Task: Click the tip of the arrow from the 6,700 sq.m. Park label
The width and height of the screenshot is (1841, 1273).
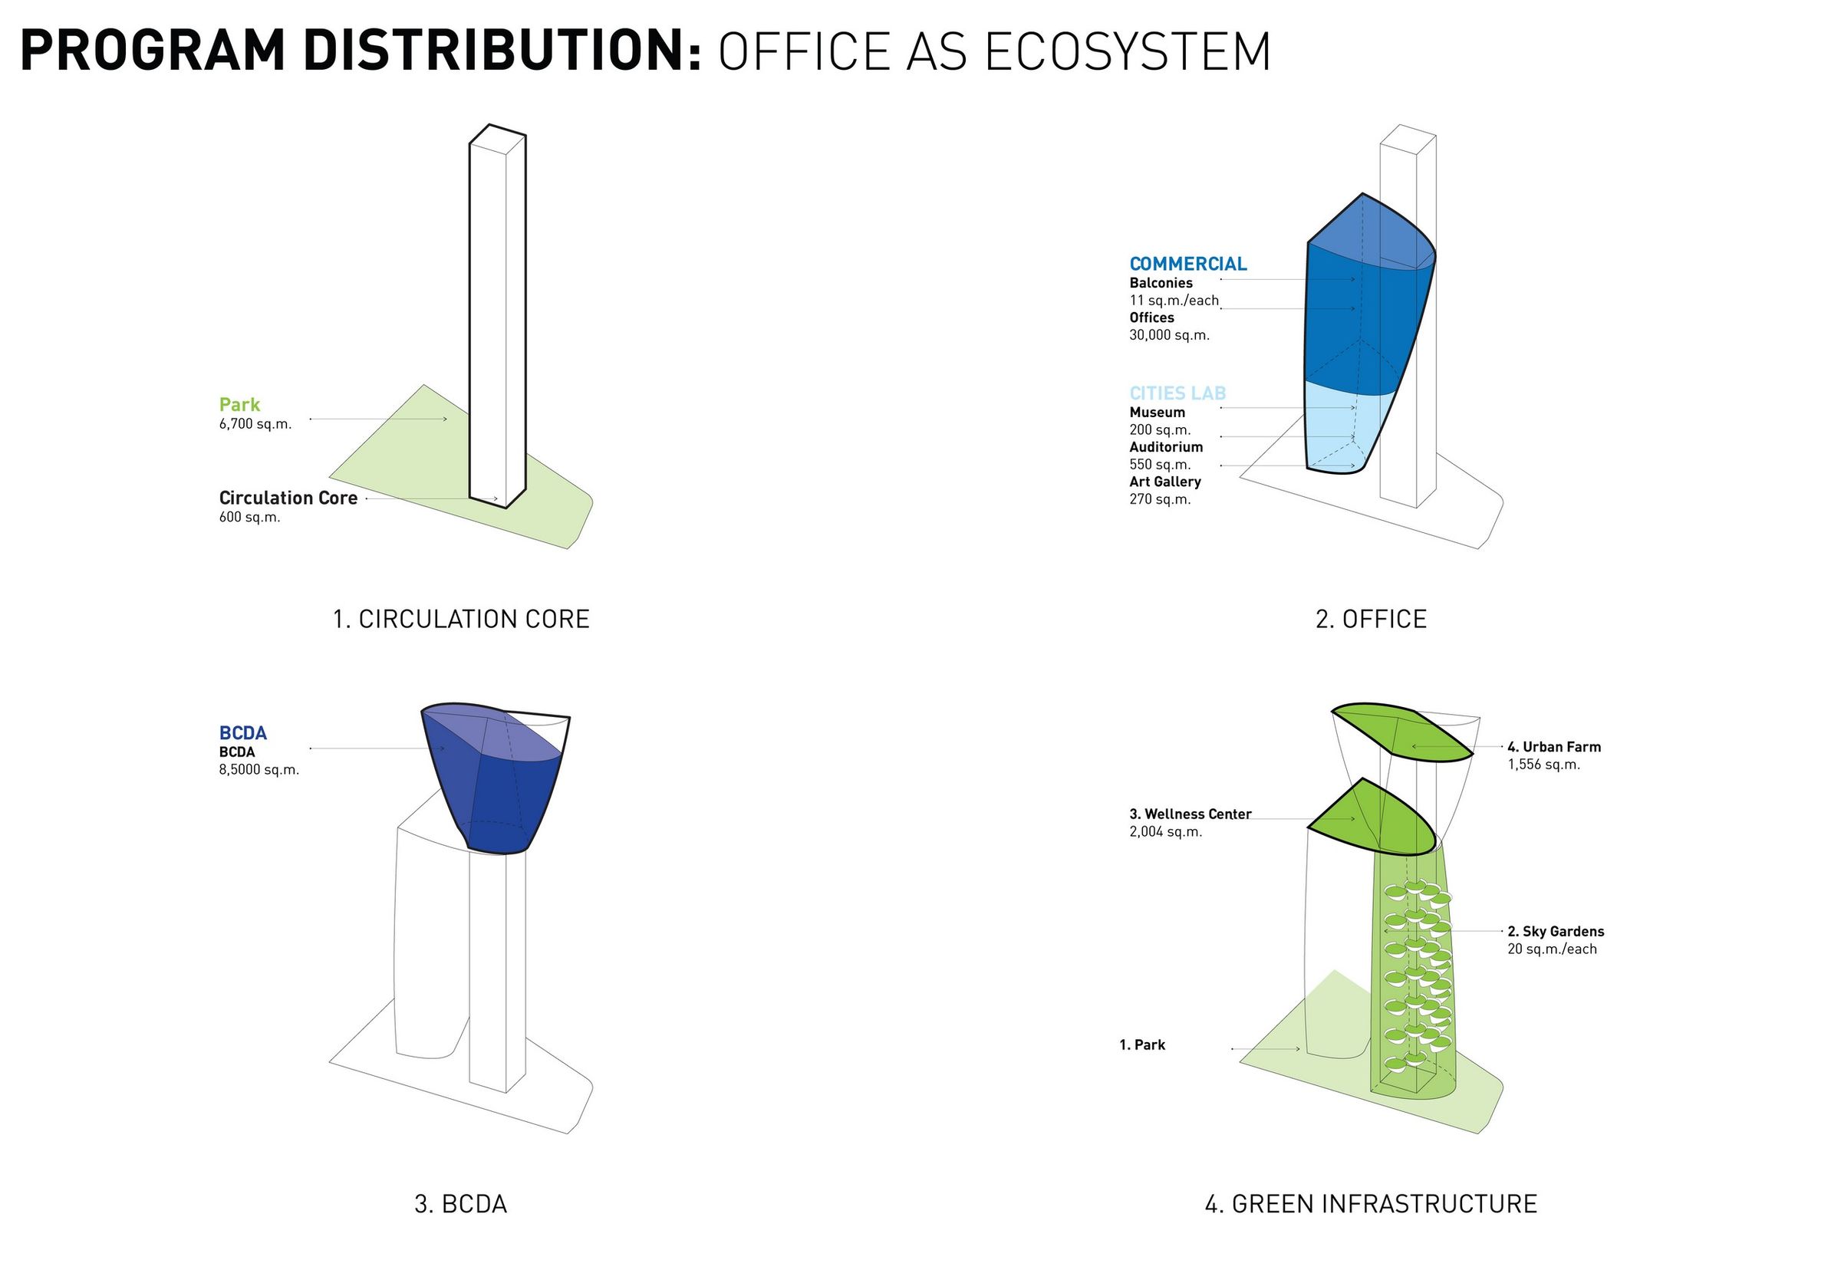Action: (x=447, y=419)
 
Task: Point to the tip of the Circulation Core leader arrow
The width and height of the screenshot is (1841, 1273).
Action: (x=499, y=499)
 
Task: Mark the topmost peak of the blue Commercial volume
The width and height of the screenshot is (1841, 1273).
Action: (x=1362, y=193)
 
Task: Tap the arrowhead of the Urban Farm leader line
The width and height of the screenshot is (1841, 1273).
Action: (x=1412, y=747)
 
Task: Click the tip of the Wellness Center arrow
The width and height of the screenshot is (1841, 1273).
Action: (x=1355, y=819)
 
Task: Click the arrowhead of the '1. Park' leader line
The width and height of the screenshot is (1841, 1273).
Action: (x=1301, y=1049)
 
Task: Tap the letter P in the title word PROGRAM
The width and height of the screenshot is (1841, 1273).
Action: (x=38, y=51)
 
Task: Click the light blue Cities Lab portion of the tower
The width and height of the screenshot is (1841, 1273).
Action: (x=1340, y=431)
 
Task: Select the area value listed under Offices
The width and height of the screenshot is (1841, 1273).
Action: (x=1169, y=335)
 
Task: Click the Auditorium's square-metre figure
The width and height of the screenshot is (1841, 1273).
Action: (x=1160, y=464)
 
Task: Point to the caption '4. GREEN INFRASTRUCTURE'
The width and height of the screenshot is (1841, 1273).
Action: (x=1370, y=1204)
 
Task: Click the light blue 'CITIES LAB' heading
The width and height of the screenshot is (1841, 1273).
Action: (x=1178, y=393)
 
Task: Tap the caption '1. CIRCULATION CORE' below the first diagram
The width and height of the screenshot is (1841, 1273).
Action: (x=461, y=619)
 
